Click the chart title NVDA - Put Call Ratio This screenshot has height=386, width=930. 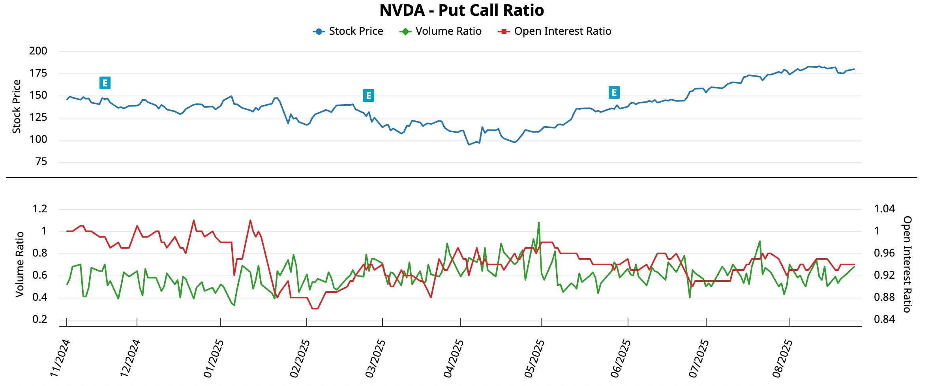[461, 11]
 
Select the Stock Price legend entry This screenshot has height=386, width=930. [348, 31]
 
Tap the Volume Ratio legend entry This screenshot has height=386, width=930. [441, 31]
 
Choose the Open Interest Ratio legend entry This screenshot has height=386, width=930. [555, 31]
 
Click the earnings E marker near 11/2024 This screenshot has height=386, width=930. [105, 83]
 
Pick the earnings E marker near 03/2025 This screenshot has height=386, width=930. [368, 96]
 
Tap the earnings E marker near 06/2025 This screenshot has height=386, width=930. [614, 92]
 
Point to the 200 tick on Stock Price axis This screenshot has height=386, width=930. [38, 51]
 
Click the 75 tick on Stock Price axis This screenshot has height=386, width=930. [41, 161]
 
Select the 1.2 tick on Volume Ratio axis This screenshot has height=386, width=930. [40, 209]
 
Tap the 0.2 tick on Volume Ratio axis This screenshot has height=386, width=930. [40, 319]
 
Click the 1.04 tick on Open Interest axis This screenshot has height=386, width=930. [884, 209]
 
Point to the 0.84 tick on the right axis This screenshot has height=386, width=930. [884, 319]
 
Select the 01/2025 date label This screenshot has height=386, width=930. [214, 358]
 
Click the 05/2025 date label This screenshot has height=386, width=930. [534, 358]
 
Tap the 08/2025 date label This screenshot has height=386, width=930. [782, 358]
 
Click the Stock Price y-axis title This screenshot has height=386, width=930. [17, 107]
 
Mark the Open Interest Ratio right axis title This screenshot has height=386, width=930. [907, 264]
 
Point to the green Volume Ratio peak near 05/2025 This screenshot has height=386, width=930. [538, 223]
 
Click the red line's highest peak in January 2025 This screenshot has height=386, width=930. [250, 220]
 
